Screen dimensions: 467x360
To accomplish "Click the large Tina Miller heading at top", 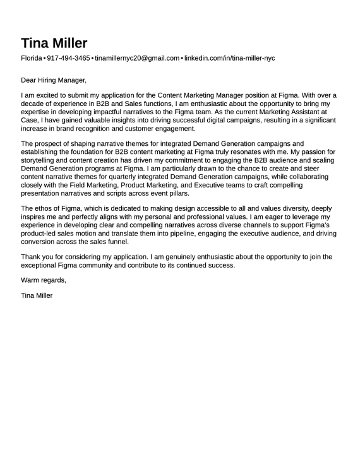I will [x=54, y=43].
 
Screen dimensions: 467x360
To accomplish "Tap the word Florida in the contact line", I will [x=31, y=58].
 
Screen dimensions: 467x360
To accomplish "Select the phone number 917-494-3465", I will [x=68, y=58].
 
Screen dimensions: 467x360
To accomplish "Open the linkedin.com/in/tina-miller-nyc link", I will [x=229, y=58].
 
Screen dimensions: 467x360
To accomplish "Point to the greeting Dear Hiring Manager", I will [x=53, y=80].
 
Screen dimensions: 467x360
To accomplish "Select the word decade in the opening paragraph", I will [x=32, y=102].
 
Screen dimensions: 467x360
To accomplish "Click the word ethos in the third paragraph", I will [x=45, y=208].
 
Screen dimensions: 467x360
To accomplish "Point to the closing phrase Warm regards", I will [x=43, y=280].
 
